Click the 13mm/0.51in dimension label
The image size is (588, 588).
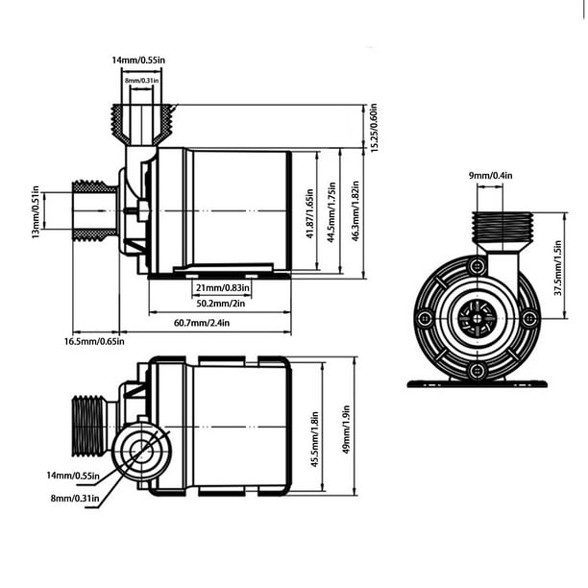click(37, 212)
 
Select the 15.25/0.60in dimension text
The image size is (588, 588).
click(374, 127)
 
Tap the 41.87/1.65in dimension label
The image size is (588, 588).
click(308, 213)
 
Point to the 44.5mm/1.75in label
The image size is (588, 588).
click(332, 213)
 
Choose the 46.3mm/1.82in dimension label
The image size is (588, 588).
click(357, 213)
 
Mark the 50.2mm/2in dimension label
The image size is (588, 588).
click(220, 303)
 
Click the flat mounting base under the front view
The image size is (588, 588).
click(477, 383)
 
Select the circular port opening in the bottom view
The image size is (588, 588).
click(137, 450)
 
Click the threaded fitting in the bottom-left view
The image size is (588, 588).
click(88, 426)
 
